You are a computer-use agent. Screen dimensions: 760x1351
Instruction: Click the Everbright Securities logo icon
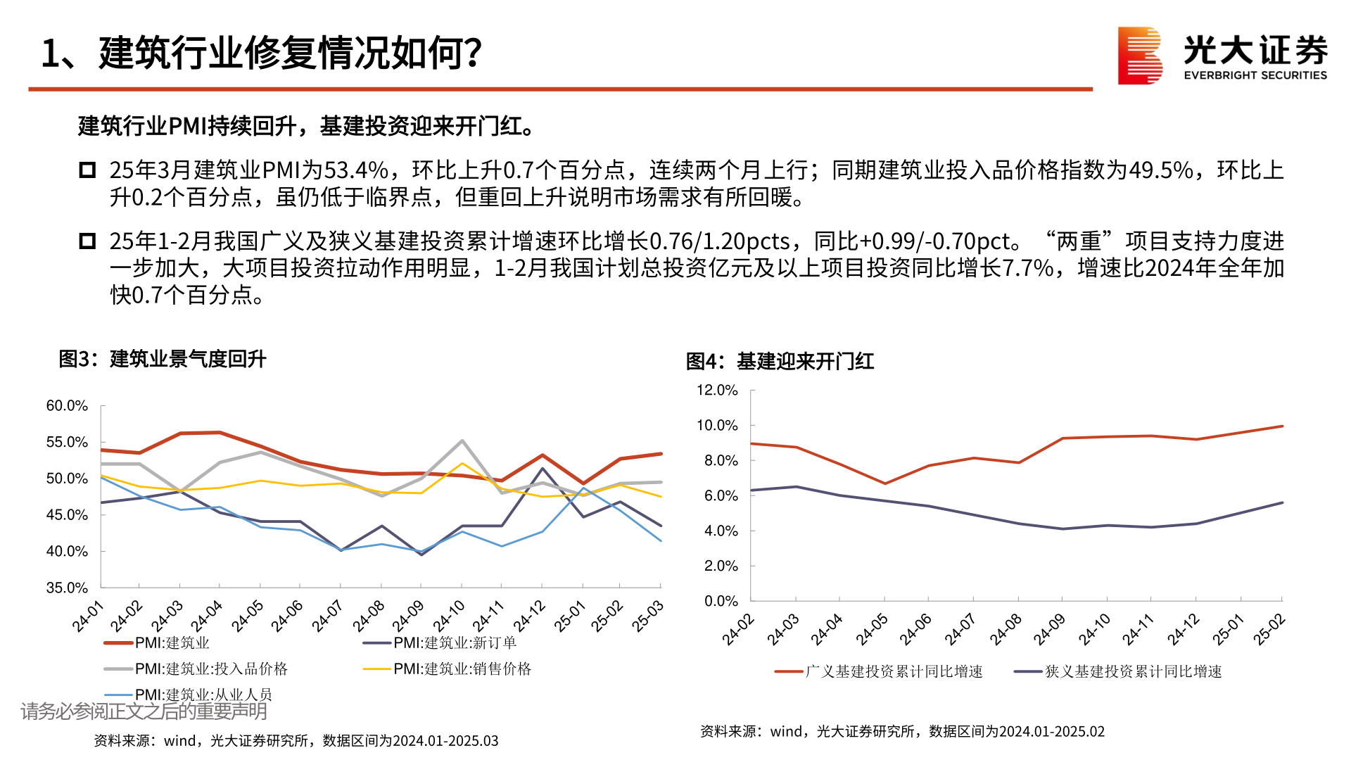pos(1140,56)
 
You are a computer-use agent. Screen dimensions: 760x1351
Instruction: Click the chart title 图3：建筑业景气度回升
pos(163,359)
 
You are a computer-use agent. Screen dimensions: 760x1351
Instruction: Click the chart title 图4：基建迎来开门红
pos(780,362)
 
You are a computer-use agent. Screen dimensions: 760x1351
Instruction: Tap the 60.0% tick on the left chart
pos(67,406)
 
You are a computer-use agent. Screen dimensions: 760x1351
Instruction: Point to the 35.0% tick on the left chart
pos(67,588)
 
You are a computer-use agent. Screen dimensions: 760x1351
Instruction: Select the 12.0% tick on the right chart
pos(717,391)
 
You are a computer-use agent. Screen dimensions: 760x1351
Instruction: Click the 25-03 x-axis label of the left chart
pos(647,616)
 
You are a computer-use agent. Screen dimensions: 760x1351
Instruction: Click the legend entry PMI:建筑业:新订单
pos(455,642)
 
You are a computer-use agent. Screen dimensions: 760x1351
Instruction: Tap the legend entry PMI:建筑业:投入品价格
pos(211,669)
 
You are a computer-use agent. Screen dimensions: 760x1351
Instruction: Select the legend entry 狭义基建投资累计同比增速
pos(1133,671)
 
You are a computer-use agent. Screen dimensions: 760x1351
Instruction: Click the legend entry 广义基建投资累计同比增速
pos(894,671)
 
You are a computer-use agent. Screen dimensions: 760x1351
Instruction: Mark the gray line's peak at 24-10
pos(462,441)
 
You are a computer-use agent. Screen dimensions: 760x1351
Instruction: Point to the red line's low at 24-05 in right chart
pos(885,483)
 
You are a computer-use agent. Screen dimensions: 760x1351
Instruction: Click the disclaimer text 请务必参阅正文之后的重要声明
pos(144,711)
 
